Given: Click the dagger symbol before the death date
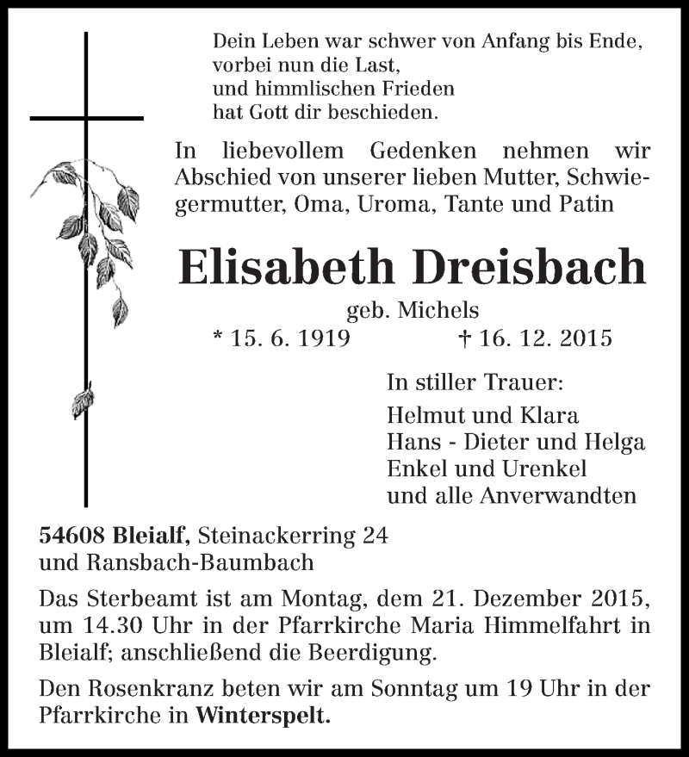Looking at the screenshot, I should click(x=466, y=338).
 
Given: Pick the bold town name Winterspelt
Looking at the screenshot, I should click(x=263, y=715).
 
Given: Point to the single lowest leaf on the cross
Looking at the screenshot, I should click(x=83, y=402).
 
